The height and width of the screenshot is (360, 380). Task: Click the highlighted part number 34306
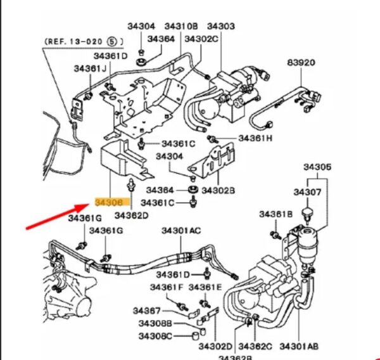pyautogui.click(x=112, y=202)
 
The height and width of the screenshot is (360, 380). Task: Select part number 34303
pyautogui.click(x=221, y=26)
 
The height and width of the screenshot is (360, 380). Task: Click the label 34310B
pyautogui.click(x=181, y=26)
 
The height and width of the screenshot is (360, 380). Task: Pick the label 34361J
pyautogui.click(x=90, y=68)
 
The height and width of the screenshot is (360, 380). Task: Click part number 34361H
pyautogui.click(x=255, y=138)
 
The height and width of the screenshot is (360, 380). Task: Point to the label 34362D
pyautogui.click(x=131, y=215)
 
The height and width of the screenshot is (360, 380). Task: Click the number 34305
pyautogui.click(x=317, y=167)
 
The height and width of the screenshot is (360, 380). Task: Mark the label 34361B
pyautogui.click(x=275, y=214)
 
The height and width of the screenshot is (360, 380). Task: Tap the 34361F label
pyautogui.click(x=167, y=287)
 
